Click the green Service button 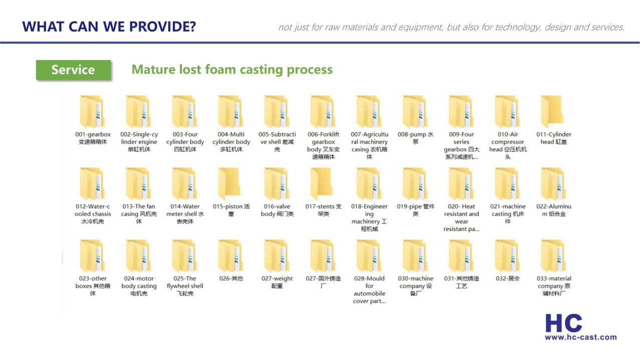[73, 70]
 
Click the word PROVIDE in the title [162, 27]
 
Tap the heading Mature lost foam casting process [232, 70]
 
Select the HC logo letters [563, 323]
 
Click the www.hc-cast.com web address [580, 337]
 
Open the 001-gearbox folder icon [92, 112]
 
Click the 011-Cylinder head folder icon [552, 112]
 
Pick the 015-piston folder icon [230, 183]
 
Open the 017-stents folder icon [322, 183]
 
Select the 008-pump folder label [416, 138]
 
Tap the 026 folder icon [230, 255]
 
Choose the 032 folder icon [507, 255]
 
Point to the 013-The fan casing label [139, 214]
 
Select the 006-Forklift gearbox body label [324, 145]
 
